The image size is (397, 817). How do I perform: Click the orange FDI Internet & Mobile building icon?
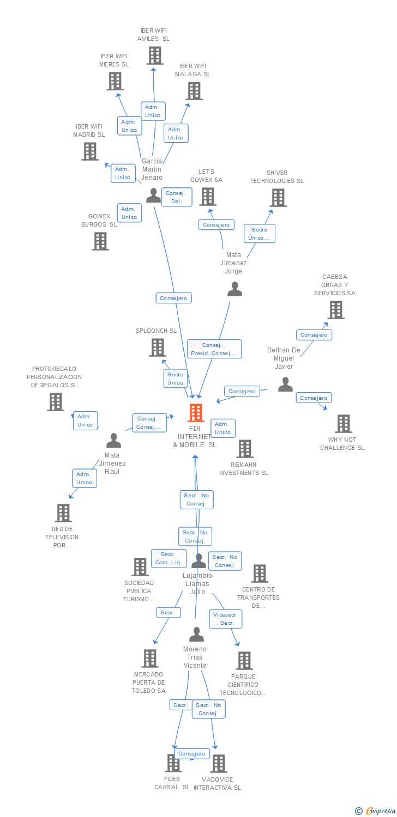point(196,413)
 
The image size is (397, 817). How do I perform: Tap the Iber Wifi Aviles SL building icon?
point(154,56)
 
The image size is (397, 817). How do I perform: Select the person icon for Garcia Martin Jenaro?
point(154,195)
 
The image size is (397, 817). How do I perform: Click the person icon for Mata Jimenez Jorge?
point(234,289)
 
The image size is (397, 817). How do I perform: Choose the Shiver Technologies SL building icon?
point(278,198)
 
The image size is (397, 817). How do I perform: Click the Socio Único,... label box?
point(259,233)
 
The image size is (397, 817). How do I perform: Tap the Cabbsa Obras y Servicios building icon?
point(335,310)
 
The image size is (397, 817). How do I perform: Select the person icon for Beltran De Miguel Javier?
point(285,385)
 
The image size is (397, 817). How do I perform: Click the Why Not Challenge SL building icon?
point(344,424)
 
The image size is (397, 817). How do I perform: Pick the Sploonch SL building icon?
point(158,347)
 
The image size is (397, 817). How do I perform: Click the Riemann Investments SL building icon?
point(245,449)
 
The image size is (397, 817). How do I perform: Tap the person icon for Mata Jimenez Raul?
point(113,440)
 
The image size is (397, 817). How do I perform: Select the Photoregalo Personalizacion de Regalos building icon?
point(56,402)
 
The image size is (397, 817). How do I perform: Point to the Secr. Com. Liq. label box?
point(169,558)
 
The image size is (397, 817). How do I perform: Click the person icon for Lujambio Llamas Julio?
point(199,561)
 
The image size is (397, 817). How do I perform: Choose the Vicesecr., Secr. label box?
point(226,619)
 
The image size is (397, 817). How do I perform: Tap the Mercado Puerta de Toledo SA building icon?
point(150,659)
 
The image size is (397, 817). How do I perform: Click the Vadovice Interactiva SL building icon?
point(218,764)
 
